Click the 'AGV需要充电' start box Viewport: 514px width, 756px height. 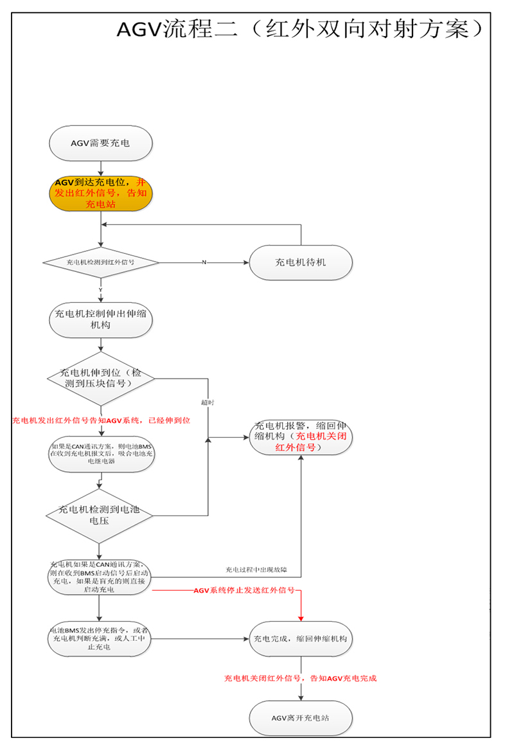(x=100, y=143)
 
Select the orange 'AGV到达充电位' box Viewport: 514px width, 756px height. (x=101, y=192)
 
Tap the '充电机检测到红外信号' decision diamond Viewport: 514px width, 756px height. (x=101, y=262)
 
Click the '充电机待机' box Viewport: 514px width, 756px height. (x=301, y=262)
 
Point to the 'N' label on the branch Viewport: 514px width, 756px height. (x=204, y=262)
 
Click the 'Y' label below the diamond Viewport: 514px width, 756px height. (x=100, y=290)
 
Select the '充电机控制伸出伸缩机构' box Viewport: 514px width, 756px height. (x=101, y=319)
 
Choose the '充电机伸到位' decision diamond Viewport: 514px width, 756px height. (x=101, y=378)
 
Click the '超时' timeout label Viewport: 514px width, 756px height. (x=207, y=402)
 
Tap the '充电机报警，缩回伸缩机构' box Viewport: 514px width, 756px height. (x=301, y=437)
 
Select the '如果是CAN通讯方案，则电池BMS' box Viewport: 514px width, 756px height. (x=101, y=455)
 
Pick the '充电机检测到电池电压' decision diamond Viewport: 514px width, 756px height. (x=101, y=514)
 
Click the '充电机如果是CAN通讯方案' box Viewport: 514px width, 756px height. (x=101, y=577)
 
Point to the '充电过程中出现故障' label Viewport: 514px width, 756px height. (x=256, y=570)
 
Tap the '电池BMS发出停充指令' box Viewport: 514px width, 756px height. (x=101, y=639)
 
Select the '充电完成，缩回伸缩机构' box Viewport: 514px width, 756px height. (x=301, y=639)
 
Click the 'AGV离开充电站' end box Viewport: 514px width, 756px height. (x=301, y=717)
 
